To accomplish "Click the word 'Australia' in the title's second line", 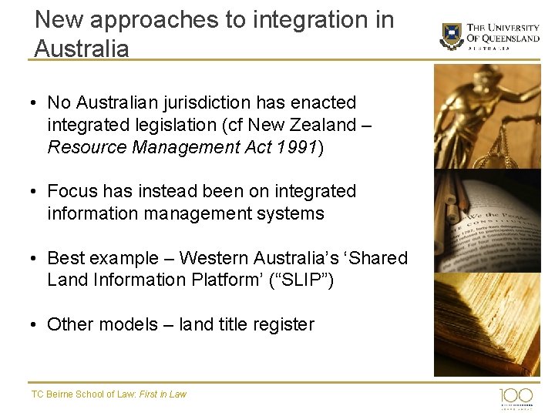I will tap(82, 49).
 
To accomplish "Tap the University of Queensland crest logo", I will tap(452, 35).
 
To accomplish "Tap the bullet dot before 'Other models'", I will tap(35, 324).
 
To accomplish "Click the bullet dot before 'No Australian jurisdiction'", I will tap(35, 102).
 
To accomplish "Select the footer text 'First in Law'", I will tap(163, 394).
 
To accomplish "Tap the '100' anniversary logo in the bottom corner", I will tap(516, 397).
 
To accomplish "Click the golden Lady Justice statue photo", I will tap(487, 116).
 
